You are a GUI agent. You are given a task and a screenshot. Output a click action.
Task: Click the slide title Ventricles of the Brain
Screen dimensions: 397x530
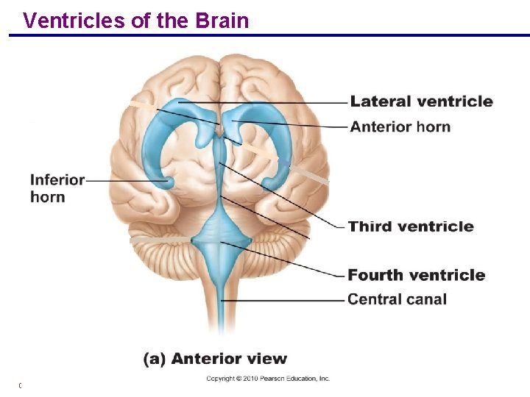[x=136, y=21]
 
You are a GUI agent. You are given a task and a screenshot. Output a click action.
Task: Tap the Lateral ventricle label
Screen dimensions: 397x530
[x=421, y=101]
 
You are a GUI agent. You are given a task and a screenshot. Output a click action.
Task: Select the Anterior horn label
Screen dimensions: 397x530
[x=400, y=126]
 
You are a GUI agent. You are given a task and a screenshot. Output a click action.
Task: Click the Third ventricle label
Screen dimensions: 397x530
[x=410, y=226]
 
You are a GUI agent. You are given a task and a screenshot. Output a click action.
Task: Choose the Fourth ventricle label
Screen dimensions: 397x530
[x=416, y=275]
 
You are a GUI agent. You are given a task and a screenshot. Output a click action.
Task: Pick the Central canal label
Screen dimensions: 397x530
[x=397, y=299]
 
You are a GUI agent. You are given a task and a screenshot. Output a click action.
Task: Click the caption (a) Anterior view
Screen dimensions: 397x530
[x=215, y=359]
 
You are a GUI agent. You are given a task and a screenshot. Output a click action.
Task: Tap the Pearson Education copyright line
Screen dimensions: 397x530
[x=268, y=379]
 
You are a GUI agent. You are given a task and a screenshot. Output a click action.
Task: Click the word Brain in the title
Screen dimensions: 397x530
[x=222, y=21]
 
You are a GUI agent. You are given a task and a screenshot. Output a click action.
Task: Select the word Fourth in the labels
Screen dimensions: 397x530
[x=375, y=275]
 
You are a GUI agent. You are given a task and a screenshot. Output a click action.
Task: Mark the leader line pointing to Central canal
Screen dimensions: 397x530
[x=283, y=300]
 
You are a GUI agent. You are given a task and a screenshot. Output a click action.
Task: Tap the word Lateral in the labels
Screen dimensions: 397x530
[x=380, y=101]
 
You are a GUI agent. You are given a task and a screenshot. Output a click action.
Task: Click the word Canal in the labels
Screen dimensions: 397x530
[x=426, y=299]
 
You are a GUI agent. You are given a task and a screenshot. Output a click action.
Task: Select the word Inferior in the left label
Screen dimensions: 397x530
[x=57, y=180]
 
